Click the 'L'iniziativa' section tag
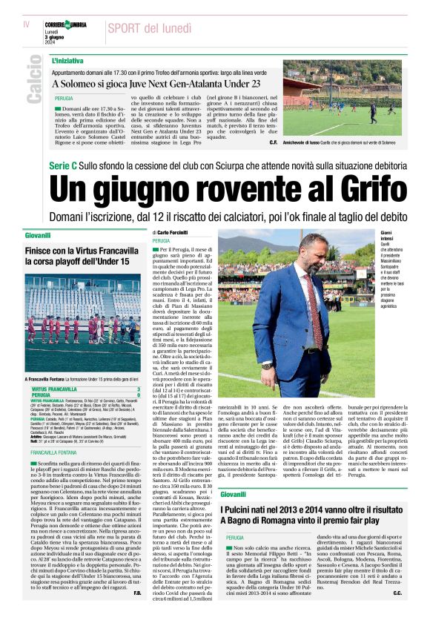coord(67,60)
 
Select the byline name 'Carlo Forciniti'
coord(179,233)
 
